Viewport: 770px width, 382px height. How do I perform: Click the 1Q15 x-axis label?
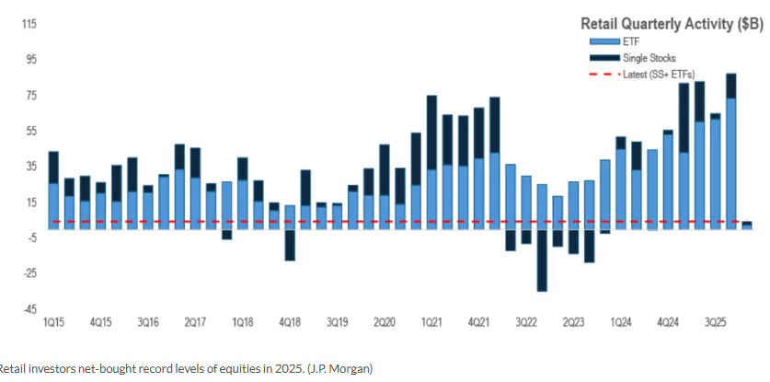pos(53,323)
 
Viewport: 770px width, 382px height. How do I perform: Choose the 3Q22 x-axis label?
pos(525,323)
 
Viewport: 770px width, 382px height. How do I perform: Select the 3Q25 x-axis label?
pos(714,323)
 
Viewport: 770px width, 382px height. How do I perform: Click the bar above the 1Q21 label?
pos(431,161)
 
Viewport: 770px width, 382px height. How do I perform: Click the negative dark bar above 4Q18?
pos(290,244)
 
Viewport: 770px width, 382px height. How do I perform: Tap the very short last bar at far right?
pos(747,225)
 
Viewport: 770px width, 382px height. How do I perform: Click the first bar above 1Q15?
pos(53,189)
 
